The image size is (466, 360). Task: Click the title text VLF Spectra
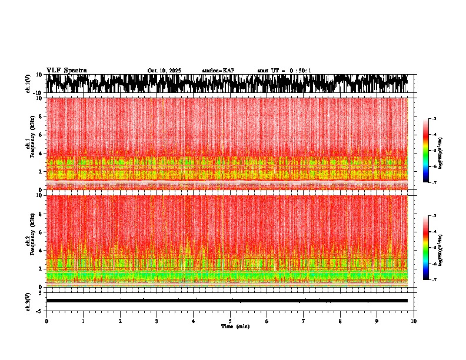click(66, 71)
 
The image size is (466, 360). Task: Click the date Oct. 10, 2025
click(164, 71)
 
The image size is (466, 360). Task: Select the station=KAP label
click(218, 71)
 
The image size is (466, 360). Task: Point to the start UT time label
click(284, 71)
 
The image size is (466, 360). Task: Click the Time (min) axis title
click(235, 326)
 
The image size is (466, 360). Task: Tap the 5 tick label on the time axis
click(230, 321)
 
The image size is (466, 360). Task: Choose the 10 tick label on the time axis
click(414, 321)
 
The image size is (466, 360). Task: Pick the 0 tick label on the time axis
click(46, 321)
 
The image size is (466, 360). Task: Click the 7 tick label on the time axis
click(304, 321)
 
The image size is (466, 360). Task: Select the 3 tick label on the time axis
click(157, 321)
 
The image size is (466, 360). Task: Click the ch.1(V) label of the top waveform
click(28, 84)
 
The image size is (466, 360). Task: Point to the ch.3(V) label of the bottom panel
click(28, 301)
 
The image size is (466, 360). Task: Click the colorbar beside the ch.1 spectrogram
click(425, 151)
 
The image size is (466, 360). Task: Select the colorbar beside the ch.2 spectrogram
click(425, 248)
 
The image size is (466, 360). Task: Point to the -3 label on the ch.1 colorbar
click(434, 119)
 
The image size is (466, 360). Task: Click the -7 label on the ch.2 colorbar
click(434, 280)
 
